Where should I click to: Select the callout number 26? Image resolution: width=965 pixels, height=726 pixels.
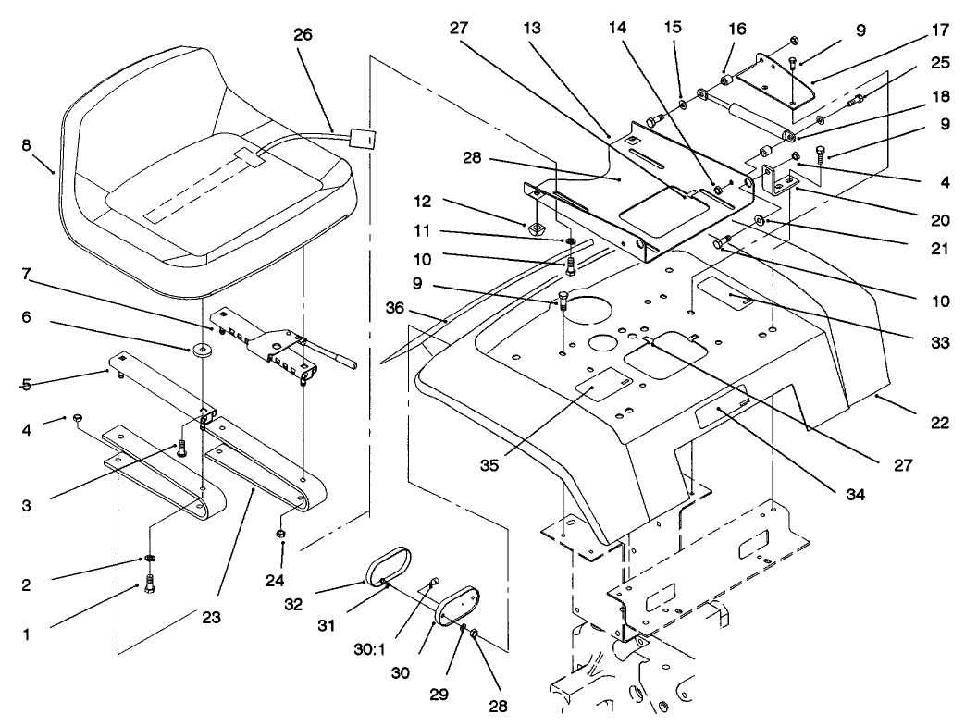click(303, 35)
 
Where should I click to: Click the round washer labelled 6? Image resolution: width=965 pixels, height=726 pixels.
click(201, 351)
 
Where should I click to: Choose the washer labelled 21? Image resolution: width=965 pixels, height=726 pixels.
click(760, 220)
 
